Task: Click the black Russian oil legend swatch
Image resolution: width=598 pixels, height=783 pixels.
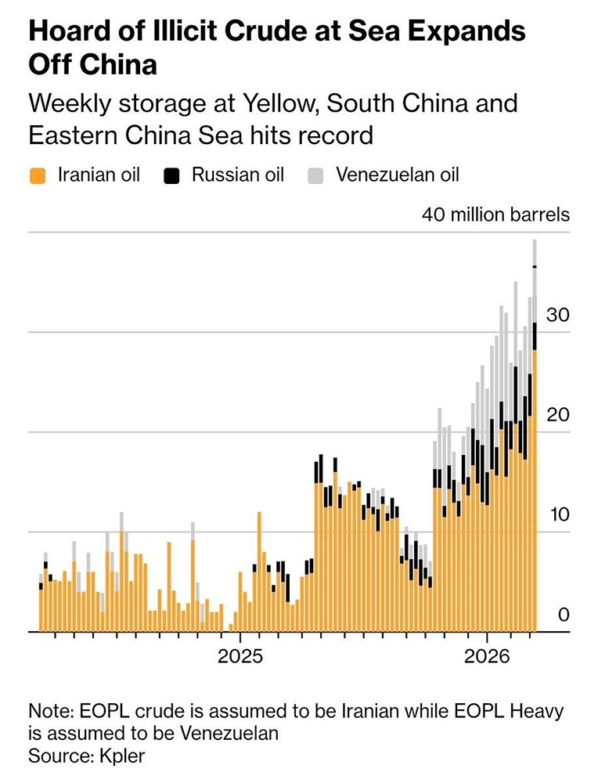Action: point(172,174)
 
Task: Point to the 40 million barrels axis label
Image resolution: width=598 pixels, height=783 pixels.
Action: point(495,215)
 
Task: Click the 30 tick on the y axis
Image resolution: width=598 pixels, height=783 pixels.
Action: point(556,315)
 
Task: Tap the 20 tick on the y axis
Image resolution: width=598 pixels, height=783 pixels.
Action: point(556,415)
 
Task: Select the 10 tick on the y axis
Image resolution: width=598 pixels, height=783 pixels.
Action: point(556,515)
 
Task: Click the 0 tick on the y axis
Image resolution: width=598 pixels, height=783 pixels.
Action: point(563,615)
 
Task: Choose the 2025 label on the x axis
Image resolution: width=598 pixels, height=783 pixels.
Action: point(240,655)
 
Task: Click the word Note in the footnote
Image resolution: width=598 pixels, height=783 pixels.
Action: point(49,713)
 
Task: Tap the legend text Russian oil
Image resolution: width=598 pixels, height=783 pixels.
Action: point(238,174)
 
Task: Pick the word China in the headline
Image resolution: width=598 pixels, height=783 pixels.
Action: point(117,64)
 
